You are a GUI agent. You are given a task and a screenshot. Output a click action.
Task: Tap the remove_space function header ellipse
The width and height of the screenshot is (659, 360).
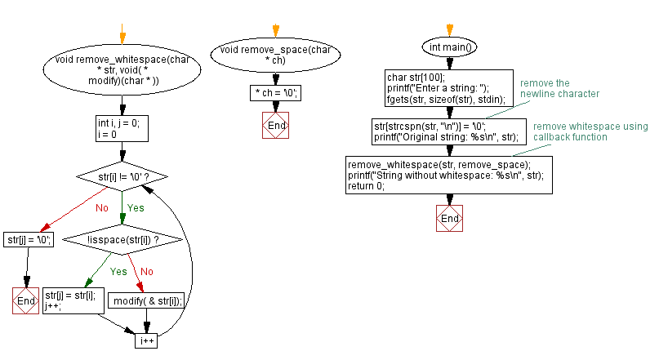tap(275, 56)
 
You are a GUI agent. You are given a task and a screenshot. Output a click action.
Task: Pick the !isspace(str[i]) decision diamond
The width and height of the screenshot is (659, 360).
tap(122, 239)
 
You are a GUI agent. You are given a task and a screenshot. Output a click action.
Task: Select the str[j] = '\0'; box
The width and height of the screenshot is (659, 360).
tap(29, 239)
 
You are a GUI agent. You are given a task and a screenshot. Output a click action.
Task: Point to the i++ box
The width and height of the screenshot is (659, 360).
tap(146, 341)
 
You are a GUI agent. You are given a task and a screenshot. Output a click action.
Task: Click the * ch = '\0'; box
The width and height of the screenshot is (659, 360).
tap(275, 93)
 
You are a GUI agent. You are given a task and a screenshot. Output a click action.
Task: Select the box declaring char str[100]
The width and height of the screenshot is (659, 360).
tap(447, 88)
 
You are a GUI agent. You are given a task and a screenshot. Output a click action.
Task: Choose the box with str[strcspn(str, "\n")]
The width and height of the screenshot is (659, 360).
tap(447, 131)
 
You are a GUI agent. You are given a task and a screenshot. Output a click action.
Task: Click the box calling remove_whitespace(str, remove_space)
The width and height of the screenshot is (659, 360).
tap(448, 174)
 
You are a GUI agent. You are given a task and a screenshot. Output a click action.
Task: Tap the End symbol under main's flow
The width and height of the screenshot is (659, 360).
tap(449, 219)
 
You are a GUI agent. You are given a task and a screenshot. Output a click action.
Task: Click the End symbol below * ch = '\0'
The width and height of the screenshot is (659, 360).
tap(275, 125)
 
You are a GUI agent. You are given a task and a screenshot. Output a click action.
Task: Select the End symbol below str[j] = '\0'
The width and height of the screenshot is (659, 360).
tap(26, 300)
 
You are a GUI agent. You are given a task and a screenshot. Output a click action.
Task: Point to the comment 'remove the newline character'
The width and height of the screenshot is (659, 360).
tap(559, 89)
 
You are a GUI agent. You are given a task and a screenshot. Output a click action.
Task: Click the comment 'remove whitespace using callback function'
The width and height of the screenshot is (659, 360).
tap(590, 131)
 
